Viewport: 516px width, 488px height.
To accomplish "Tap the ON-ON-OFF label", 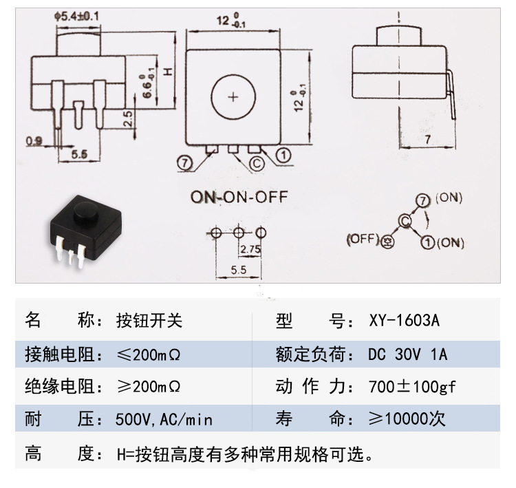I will point(239,198).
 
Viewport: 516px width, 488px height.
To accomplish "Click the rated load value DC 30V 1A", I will point(407,354).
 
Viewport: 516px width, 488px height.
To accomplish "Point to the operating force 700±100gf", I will point(412,387).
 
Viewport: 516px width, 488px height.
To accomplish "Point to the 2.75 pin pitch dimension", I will point(250,250).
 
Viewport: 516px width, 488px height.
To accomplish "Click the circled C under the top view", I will point(255,164).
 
